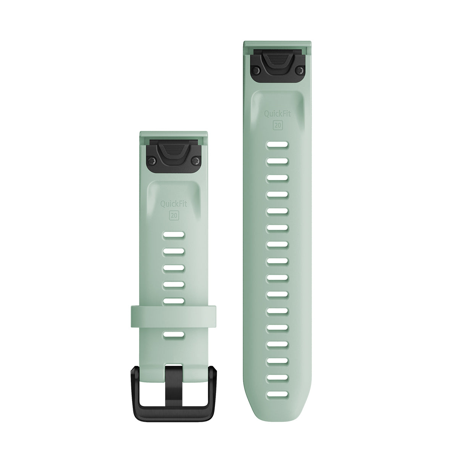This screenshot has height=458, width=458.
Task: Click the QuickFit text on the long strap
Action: coord(277,113)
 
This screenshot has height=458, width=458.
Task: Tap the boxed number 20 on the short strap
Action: coord(174,214)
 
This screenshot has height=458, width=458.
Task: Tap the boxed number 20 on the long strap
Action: coord(277,125)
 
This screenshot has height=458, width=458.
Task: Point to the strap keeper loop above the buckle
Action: coord(174,314)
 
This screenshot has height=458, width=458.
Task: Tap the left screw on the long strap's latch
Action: coord(256,69)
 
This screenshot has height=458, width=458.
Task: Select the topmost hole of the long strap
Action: coord(277,145)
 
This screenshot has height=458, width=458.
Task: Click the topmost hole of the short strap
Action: coord(174,235)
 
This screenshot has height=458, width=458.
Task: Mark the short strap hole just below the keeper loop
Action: coord(174,334)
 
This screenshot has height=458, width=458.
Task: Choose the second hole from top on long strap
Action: coord(277,161)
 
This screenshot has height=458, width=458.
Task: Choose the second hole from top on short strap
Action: coord(174,252)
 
